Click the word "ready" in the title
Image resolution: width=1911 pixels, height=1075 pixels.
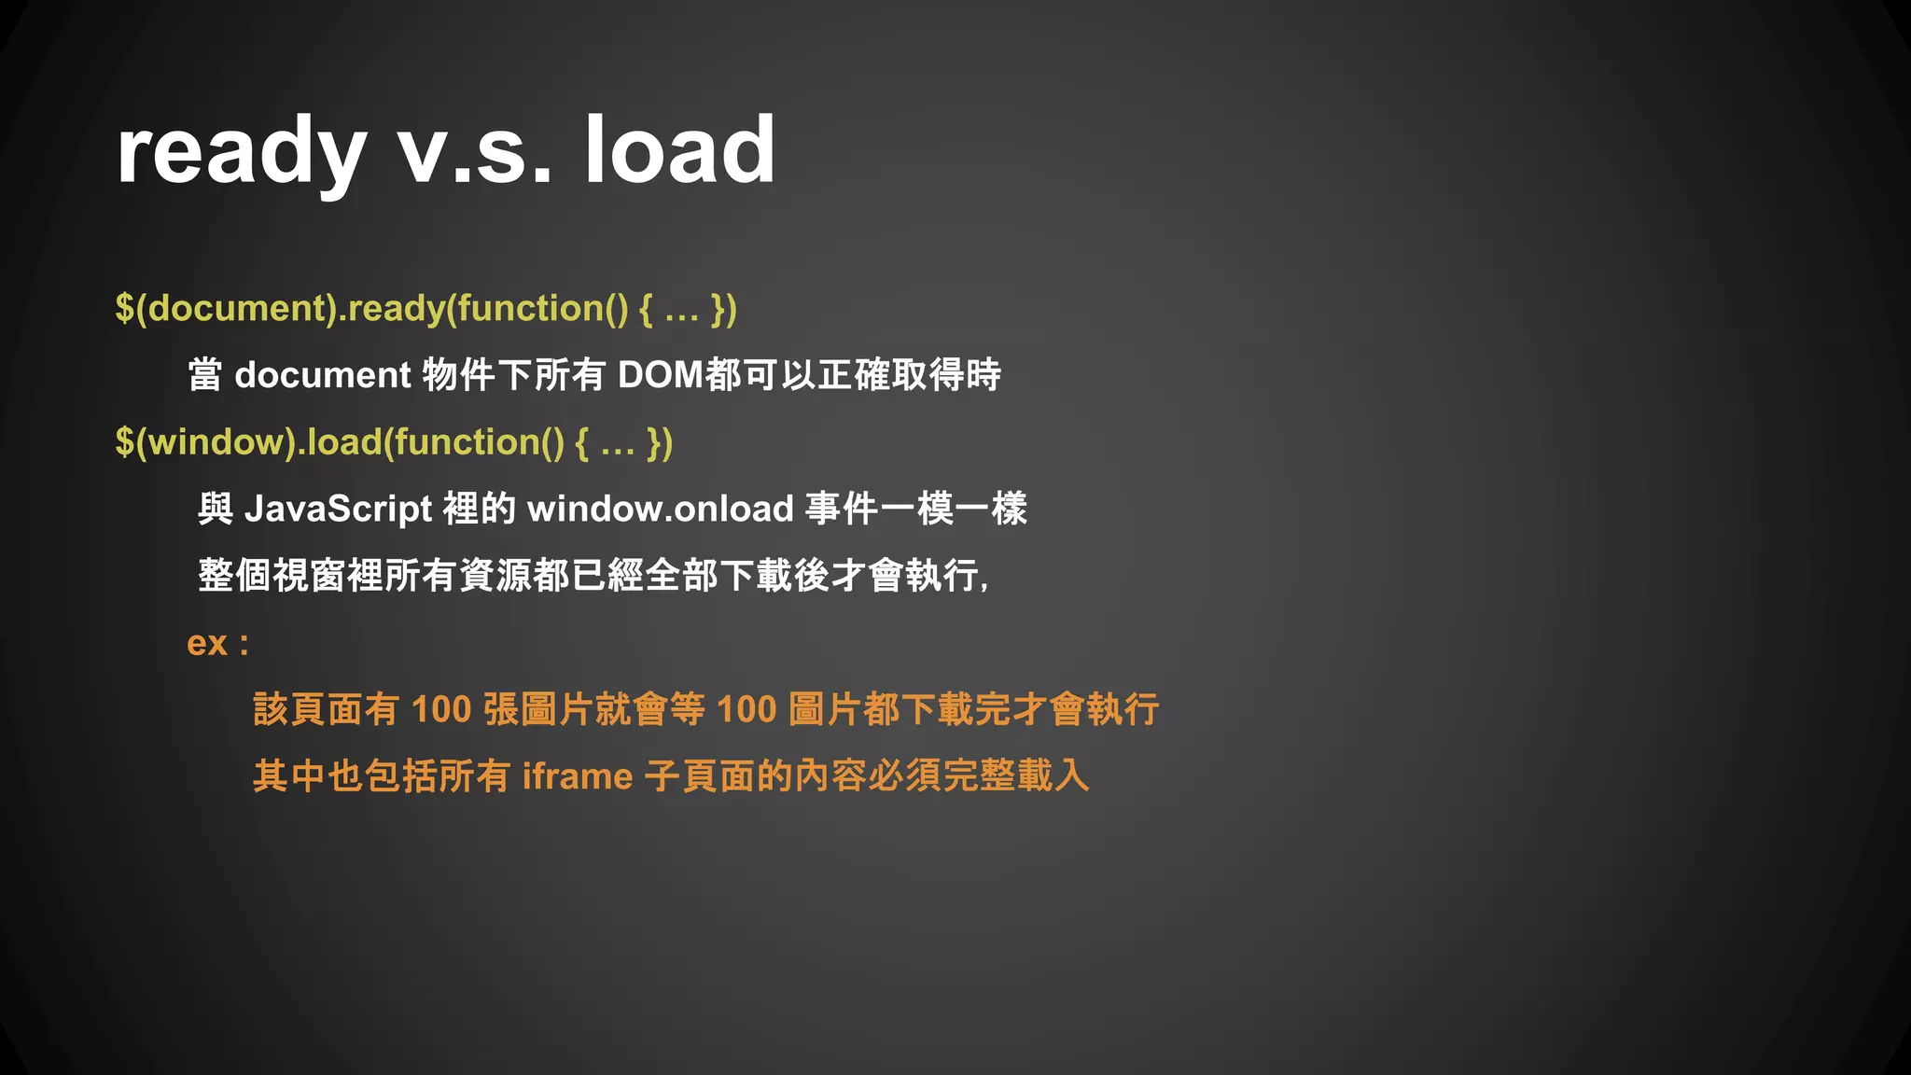pos(241,151)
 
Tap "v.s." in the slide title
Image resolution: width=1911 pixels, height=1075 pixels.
pos(475,151)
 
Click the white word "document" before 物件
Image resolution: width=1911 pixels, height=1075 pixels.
pos(322,375)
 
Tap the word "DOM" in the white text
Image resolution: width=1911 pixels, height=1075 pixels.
pos(661,375)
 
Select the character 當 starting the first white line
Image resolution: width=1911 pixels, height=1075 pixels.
pos(205,375)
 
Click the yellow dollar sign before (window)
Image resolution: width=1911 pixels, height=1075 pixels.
pos(124,441)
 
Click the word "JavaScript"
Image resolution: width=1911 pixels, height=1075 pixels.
pos(338,510)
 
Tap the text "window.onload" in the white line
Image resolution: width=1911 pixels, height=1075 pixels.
pos(660,510)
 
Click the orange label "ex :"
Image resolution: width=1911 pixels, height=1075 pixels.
pos(217,643)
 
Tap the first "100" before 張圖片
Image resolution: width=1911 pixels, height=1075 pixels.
pos(440,710)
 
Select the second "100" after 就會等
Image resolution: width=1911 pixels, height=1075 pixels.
pos(746,710)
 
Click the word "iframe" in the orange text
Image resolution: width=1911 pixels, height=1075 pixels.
pos(578,776)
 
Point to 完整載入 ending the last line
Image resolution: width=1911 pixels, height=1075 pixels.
pos(1016,776)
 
